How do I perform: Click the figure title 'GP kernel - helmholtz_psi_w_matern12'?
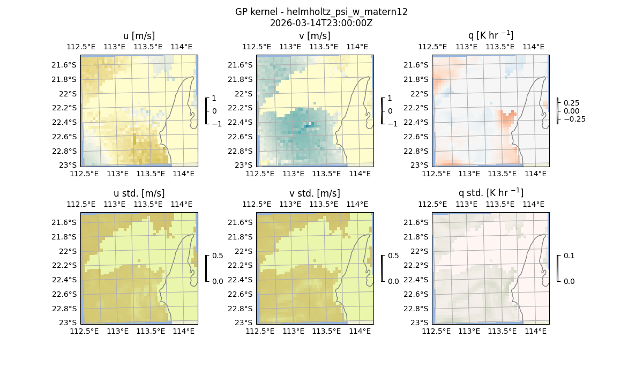tap(321, 12)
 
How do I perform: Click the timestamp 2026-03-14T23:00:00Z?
tap(321, 23)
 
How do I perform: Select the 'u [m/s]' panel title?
tap(139, 36)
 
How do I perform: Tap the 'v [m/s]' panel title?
tap(315, 36)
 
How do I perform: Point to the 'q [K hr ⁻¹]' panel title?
tap(490, 35)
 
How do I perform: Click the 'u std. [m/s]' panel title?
tap(139, 193)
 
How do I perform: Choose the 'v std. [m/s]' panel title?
tap(315, 193)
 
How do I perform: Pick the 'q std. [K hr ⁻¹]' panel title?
tap(490, 192)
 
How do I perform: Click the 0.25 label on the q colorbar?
tap(571, 103)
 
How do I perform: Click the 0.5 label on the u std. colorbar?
tap(217, 256)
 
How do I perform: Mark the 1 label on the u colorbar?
tap(214, 99)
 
